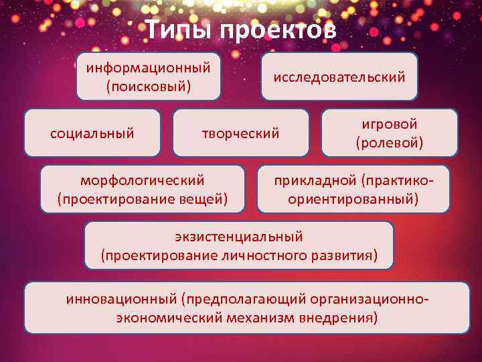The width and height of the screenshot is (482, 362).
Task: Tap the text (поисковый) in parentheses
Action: tap(149, 86)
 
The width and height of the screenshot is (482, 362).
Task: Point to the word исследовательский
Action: tap(339, 77)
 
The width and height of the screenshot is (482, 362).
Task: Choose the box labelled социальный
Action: tap(92, 133)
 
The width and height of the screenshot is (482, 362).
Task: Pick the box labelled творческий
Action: tap(240, 133)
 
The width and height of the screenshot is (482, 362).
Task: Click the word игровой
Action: tap(390, 124)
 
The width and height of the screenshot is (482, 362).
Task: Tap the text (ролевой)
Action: tap(390, 143)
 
